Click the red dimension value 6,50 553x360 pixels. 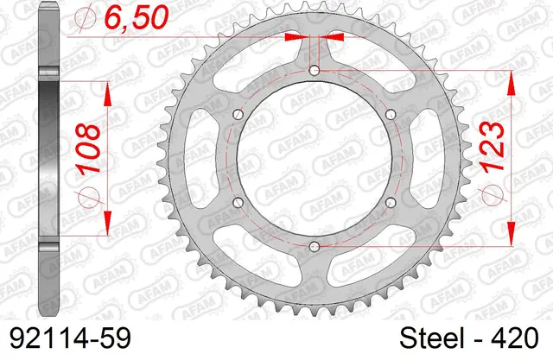(x=137, y=16)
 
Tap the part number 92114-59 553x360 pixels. (x=71, y=338)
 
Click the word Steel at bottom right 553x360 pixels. (x=431, y=338)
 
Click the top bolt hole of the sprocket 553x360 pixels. (x=314, y=71)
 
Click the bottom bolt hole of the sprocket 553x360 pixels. (x=314, y=246)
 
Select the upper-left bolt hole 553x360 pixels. (x=238, y=115)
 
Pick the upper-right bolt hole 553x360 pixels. (x=391, y=115)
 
